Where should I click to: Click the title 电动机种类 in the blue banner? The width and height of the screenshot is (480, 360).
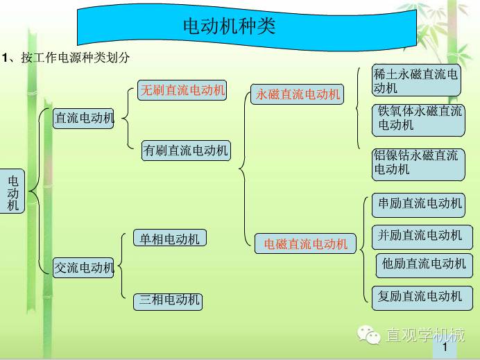click(230, 26)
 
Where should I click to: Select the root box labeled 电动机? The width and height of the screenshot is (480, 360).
click(12, 191)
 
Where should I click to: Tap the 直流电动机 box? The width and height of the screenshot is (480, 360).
click(83, 118)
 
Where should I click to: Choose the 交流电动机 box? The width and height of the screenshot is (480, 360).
click(83, 268)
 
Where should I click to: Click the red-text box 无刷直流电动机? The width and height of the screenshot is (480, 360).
click(182, 90)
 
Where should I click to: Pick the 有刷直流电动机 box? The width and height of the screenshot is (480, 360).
click(186, 151)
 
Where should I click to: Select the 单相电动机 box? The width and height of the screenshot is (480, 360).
click(170, 238)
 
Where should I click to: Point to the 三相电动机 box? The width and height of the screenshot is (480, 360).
click(168, 302)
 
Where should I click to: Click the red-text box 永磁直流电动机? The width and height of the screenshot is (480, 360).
click(298, 94)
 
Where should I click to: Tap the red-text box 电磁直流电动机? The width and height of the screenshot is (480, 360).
click(305, 243)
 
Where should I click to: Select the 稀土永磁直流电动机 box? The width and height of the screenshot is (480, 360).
click(416, 80)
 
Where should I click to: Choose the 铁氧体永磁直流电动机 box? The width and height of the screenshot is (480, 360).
click(418, 120)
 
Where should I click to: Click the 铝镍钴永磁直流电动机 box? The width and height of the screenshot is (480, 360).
click(418, 164)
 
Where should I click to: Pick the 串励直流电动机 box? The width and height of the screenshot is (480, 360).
click(418, 205)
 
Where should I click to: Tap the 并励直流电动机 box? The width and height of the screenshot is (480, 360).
click(422, 237)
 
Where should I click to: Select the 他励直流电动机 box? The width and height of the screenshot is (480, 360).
click(425, 266)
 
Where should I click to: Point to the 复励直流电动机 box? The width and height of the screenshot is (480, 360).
click(422, 298)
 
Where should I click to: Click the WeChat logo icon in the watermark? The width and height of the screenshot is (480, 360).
click(369, 334)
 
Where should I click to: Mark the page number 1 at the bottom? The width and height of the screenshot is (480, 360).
click(445, 347)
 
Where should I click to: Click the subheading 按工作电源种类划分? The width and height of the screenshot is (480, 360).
click(76, 58)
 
